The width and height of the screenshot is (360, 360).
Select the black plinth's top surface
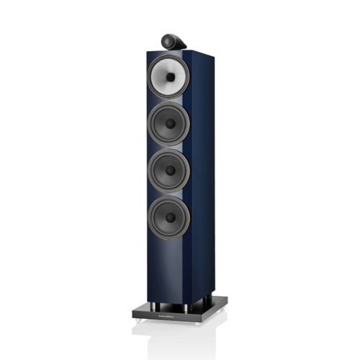pyautogui.click(x=180, y=305)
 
